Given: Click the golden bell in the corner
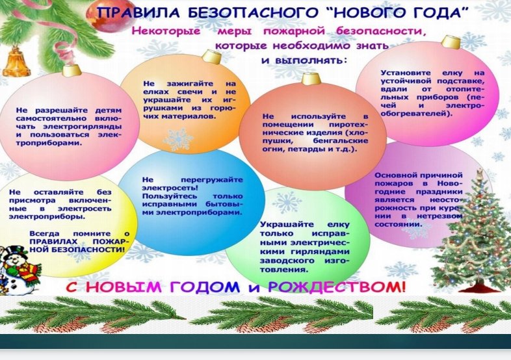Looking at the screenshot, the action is (16, 62).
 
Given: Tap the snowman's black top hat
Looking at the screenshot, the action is (14, 251).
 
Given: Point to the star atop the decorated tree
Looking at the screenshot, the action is (480, 174).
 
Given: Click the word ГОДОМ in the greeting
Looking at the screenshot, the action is (204, 287).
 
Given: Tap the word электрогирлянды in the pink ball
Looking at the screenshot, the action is (83, 127).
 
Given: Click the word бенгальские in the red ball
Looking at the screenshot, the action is (340, 141).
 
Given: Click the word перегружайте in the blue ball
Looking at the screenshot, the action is (212, 180).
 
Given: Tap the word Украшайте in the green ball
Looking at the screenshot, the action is (287, 225).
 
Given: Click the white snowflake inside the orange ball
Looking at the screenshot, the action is (178, 139).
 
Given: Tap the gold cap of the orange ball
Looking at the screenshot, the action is (211, 57).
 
